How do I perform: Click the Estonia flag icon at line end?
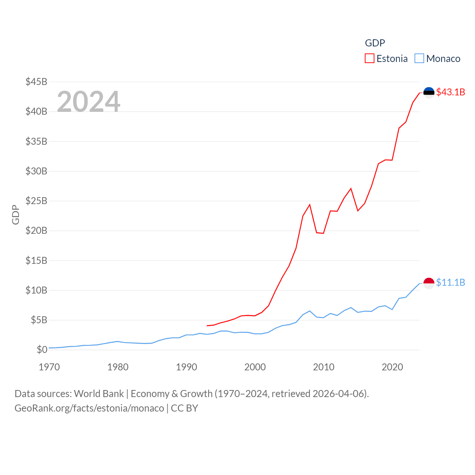429,92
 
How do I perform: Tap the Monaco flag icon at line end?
429,283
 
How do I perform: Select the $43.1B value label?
451,92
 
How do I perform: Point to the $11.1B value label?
451,282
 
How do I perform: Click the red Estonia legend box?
370,59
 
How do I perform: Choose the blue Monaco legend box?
419,59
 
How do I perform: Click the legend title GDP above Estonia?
375,43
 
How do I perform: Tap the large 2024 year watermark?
89,101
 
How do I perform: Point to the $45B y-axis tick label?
36,82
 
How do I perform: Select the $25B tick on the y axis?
36,201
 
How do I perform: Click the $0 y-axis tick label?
42,350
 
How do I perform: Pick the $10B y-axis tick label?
36,290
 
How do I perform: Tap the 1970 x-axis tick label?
49,367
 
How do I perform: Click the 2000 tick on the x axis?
255,367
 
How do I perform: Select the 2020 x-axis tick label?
392,367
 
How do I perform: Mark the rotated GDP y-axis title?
16,214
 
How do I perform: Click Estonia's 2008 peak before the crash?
309,204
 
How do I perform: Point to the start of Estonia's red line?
207,325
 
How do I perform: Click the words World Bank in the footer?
99,393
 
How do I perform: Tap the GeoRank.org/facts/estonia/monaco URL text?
89,408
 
